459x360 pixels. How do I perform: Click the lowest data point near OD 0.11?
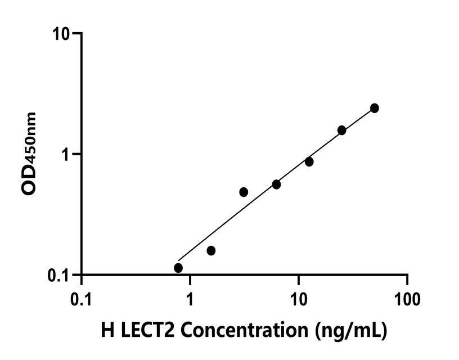pyautogui.click(x=178, y=268)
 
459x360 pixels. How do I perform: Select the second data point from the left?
pyautogui.click(x=211, y=250)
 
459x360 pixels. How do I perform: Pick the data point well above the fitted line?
pyautogui.click(x=244, y=192)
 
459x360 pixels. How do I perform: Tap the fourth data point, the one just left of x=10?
pyautogui.click(x=276, y=184)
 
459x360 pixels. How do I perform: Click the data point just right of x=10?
pyautogui.click(x=309, y=161)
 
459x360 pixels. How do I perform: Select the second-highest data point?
pyautogui.click(x=341, y=130)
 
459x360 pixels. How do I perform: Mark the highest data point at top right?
pyautogui.click(x=374, y=108)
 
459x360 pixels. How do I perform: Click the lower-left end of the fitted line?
pyautogui.click(x=179, y=260)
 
